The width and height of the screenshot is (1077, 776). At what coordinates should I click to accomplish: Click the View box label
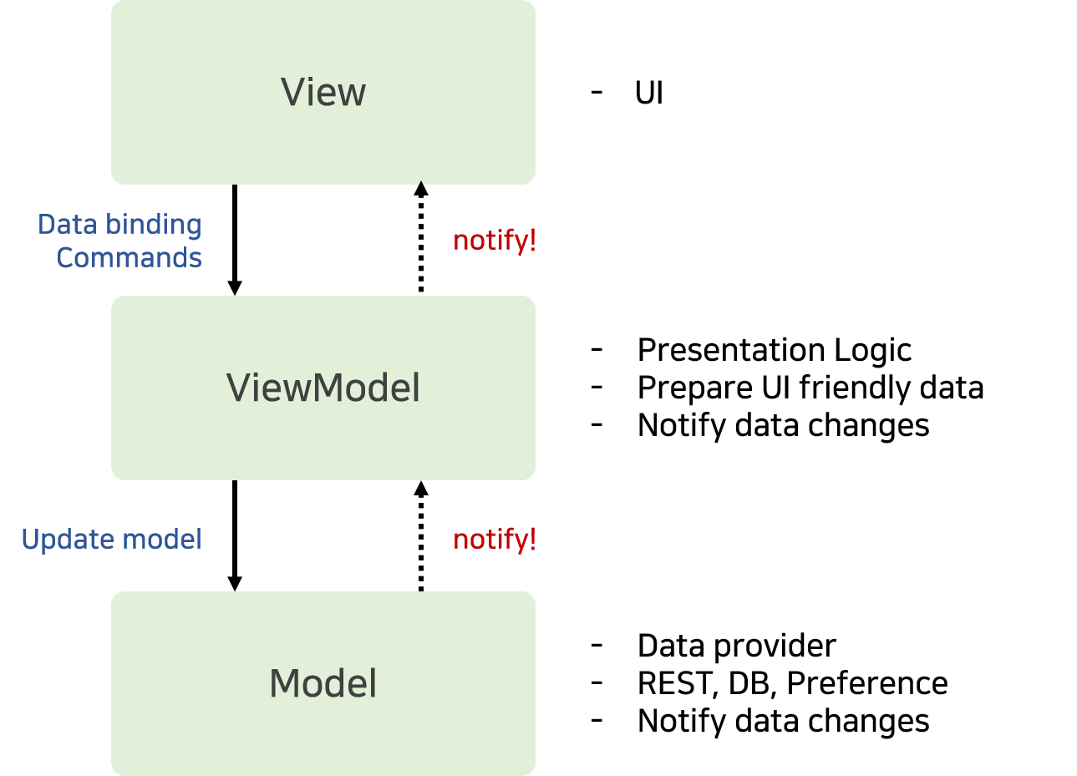323,92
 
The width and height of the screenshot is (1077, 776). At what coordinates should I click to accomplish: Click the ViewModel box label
323,388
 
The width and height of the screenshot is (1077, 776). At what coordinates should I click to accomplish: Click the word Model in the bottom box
323,683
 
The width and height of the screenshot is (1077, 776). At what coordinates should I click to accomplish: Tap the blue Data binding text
119,225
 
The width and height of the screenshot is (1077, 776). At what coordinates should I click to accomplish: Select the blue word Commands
129,258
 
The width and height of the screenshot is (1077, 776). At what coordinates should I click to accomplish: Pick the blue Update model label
112,539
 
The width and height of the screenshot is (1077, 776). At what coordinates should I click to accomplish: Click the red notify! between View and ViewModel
495,240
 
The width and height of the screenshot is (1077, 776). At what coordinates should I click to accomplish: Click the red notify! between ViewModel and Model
495,539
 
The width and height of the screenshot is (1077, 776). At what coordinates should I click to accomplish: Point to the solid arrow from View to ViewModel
235,240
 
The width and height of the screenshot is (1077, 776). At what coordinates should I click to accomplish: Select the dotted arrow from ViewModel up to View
421,236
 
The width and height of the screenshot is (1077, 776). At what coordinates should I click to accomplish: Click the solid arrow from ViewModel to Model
235,535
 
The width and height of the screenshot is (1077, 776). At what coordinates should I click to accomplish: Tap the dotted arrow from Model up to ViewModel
421,536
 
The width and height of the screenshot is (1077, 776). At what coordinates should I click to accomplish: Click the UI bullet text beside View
649,93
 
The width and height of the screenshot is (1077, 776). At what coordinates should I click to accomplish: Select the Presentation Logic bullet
775,349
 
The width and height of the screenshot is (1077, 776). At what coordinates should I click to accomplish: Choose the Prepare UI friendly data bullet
810,388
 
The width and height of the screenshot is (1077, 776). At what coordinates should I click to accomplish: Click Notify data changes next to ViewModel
783,425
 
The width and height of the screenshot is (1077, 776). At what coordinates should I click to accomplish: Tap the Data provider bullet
737,645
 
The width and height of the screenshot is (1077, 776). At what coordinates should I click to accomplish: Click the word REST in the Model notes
676,683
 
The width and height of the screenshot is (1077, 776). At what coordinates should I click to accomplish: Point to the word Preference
867,683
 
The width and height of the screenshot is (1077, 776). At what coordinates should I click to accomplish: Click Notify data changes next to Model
783,721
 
